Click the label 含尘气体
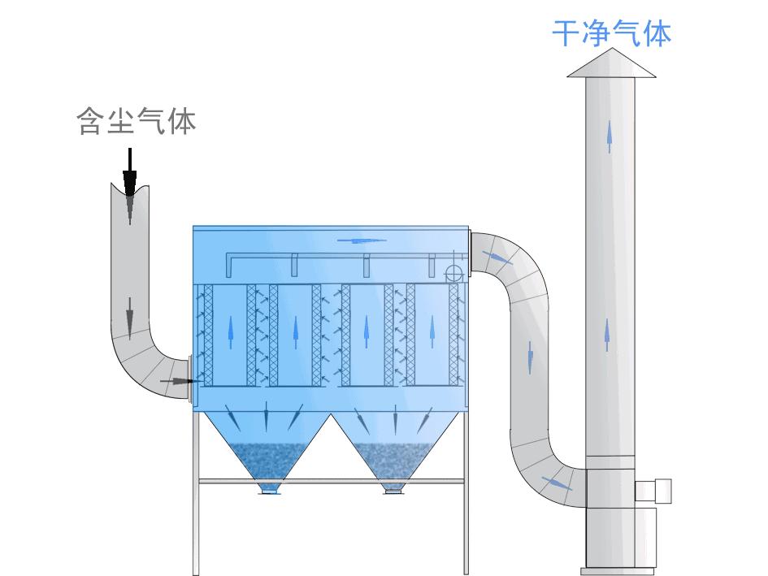click(x=137, y=122)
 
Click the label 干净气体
click(x=610, y=34)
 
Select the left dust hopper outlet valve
click(x=269, y=488)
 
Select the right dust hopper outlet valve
click(x=394, y=488)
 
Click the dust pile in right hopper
click(x=394, y=459)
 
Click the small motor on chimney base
click(x=655, y=491)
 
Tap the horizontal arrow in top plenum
click(x=358, y=240)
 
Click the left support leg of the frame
click(x=196, y=496)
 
